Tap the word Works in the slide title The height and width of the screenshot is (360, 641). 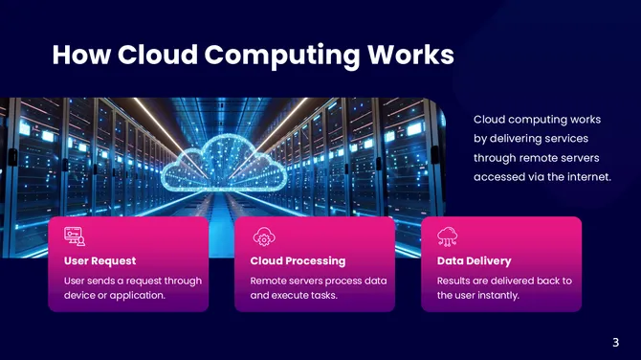[x=409, y=55]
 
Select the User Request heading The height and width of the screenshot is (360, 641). [x=99, y=260]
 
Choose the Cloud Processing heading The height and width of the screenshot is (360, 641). [x=298, y=260]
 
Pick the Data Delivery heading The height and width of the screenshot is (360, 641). [x=474, y=260]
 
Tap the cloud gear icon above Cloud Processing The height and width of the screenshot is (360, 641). [x=262, y=236]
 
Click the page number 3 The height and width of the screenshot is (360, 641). [x=615, y=342]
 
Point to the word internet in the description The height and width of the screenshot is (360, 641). [x=586, y=177]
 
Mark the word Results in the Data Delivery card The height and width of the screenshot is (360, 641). [x=455, y=281]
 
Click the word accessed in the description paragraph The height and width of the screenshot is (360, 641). [x=498, y=177]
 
